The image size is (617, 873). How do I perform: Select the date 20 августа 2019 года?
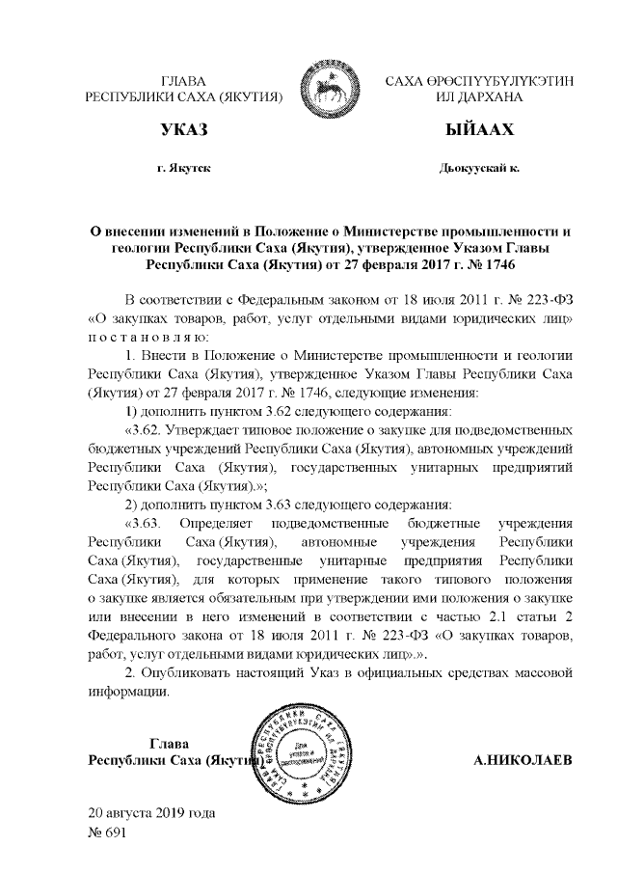tap(151, 812)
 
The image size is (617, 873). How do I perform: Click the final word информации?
tap(129, 690)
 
